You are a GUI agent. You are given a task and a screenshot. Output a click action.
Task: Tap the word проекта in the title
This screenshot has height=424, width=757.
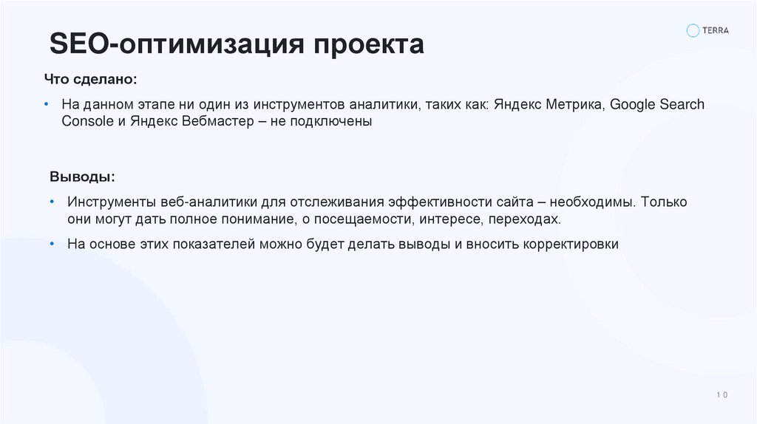[x=370, y=44]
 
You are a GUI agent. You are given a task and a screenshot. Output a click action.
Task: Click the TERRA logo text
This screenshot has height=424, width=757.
[x=716, y=30]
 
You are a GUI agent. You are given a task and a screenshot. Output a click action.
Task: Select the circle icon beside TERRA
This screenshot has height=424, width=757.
[x=693, y=30]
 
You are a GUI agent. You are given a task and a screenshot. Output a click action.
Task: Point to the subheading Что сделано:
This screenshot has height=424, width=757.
[x=90, y=78]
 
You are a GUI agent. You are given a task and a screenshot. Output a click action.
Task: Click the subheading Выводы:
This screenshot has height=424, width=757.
[x=82, y=177]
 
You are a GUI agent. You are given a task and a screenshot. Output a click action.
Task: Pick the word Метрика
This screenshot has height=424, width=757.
[x=576, y=104]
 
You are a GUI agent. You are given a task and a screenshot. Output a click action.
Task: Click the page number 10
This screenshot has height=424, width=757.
[x=722, y=395]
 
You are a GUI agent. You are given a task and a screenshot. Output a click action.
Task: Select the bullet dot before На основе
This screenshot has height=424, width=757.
[x=52, y=244]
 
